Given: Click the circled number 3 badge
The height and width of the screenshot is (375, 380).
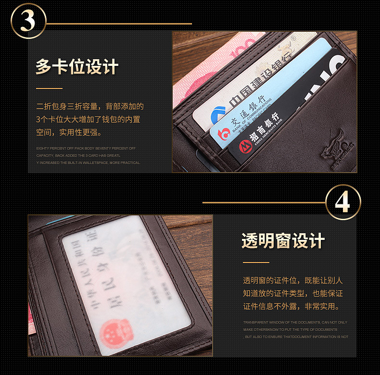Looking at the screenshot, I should [28, 21].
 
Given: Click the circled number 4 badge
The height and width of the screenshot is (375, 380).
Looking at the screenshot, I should [343, 202].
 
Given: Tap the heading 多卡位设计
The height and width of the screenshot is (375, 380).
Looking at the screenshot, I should [77, 67].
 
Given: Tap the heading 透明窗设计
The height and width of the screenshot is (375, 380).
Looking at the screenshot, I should [283, 241].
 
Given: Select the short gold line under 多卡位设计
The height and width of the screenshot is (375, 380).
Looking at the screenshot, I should [49, 88].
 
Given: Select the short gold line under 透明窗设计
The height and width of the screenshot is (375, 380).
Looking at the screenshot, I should [255, 262].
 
